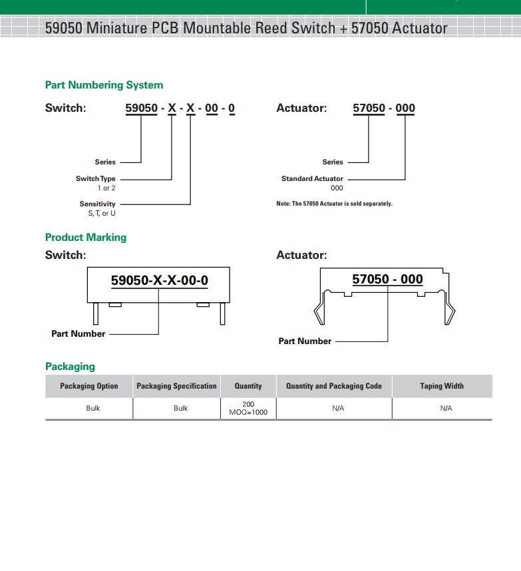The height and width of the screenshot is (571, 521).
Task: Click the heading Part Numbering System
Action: pos(104,85)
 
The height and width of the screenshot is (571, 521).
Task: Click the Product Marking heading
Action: pos(86,238)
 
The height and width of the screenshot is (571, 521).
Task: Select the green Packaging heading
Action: pos(70,367)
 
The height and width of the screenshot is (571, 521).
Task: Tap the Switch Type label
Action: pos(95,179)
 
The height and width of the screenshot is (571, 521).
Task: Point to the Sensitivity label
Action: pos(97,204)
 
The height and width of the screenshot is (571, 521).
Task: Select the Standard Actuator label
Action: pos(312,179)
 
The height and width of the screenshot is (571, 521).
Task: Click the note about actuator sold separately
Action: pos(334,204)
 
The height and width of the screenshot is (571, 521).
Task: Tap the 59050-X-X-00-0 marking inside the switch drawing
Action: pos(159,281)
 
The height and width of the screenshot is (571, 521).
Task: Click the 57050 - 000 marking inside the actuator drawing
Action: pos(387,280)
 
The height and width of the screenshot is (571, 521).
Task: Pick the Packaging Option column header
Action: pos(89,386)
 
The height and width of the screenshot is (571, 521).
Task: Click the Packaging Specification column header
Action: pos(176,386)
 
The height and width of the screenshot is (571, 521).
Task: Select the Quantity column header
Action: pos(248,386)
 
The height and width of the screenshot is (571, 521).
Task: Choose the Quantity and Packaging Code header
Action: pos(334,386)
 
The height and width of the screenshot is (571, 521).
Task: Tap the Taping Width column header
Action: pos(442,386)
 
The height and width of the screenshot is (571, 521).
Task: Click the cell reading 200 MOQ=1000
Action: pos(248,408)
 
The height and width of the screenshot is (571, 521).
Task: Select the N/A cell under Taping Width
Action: pos(446,409)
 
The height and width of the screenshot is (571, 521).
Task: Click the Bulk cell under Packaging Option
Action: pos(92,409)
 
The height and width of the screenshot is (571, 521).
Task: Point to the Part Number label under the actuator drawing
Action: pos(305,341)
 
